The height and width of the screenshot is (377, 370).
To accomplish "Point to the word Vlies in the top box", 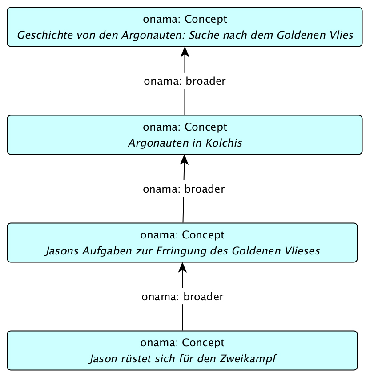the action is (x=341, y=35).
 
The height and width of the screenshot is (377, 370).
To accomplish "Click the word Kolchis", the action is (x=224, y=143).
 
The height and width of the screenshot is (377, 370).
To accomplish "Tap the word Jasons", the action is (x=61, y=251).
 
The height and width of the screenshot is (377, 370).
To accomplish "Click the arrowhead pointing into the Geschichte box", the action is (x=185, y=52).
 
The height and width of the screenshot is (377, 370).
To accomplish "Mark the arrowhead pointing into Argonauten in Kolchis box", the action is (x=184, y=160).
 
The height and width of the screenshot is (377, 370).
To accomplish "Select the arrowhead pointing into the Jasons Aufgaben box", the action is (x=183, y=267).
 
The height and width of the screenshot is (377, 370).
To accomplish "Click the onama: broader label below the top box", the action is (x=185, y=81).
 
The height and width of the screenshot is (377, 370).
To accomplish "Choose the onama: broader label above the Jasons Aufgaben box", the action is (x=184, y=189).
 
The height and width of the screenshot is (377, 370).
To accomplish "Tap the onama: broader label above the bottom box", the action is (x=183, y=297).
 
